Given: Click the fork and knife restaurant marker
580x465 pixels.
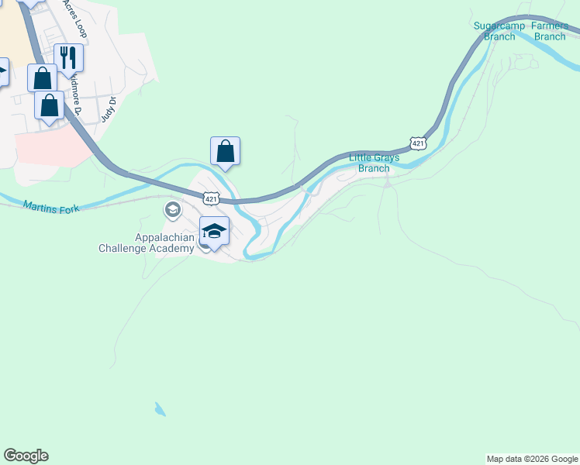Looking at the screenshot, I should click(68, 57).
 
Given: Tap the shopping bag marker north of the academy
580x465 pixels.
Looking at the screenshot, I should click(225, 150).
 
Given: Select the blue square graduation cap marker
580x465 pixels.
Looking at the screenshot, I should click(214, 230).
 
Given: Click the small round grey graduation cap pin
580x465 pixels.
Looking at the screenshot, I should click(172, 209).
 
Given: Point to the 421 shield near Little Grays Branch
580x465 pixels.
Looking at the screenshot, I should click(418, 143).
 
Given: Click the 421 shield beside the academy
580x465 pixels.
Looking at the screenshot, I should click(210, 199).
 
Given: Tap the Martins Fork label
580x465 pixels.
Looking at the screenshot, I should click(51, 207).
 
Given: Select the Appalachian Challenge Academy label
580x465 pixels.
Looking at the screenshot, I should click(146, 243).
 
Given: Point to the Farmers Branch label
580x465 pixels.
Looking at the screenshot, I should click(550, 31).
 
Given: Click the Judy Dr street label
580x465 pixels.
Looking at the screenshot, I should click(109, 109).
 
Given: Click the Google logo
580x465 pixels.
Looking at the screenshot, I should click(26, 456).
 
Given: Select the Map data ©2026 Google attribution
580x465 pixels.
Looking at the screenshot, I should click(532, 459).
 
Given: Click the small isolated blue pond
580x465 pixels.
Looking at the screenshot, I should click(160, 409).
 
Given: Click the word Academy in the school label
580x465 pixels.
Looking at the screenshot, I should click(172, 248).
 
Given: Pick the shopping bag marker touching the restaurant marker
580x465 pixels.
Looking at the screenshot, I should click(42, 78).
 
